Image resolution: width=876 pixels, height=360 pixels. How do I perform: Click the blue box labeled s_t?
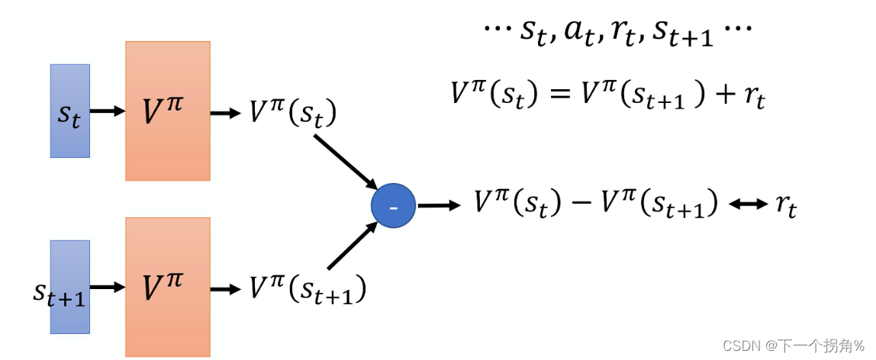coord(70,111)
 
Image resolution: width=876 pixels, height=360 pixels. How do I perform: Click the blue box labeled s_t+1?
coord(70,287)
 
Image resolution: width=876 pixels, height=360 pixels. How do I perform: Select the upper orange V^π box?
coord(168,111)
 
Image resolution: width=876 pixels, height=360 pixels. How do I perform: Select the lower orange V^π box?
coord(168,287)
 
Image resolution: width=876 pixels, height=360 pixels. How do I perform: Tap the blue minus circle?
coord(393,206)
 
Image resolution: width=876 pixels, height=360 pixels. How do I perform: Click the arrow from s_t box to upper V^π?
coord(108,111)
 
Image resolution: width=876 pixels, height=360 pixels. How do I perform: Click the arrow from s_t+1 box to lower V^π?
coord(108,287)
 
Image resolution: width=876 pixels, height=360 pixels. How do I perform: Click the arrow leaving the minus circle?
coord(439,206)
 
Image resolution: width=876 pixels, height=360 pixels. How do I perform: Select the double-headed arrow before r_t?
coord(749,205)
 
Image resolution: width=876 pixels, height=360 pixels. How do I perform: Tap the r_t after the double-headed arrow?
coord(785,207)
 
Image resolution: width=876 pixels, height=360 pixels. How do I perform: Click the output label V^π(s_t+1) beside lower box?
coord(308,289)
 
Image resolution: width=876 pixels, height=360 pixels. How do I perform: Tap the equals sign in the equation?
coord(558,93)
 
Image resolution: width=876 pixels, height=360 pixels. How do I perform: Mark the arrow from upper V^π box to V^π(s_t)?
coord(224,114)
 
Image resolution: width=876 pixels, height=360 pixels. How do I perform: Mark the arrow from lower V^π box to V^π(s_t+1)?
coord(224,289)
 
